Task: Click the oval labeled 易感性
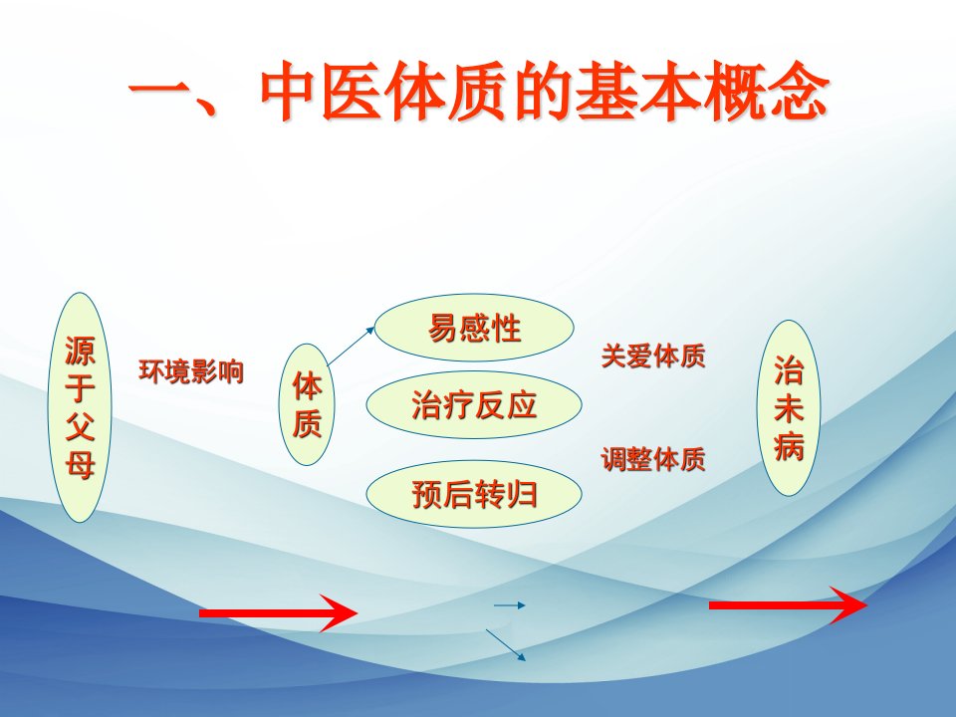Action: (474, 328)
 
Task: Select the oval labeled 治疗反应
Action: (474, 405)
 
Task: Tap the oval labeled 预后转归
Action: (474, 494)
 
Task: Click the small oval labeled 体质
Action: (307, 404)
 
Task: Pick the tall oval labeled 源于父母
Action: (80, 407)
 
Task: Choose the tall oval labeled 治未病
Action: (789, 408)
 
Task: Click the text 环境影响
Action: (191, 371)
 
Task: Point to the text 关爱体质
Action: (653, 357)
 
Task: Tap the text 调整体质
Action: (653, 459)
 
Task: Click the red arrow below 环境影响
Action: (278, 612)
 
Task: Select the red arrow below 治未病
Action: (788, 604)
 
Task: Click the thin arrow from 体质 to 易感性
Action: (352, 346)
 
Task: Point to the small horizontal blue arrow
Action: (509, 605)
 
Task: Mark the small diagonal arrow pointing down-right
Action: (506, 645)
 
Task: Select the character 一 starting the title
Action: (159, 92)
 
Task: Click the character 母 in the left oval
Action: (80, 466)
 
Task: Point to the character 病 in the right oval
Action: (789, 446)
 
